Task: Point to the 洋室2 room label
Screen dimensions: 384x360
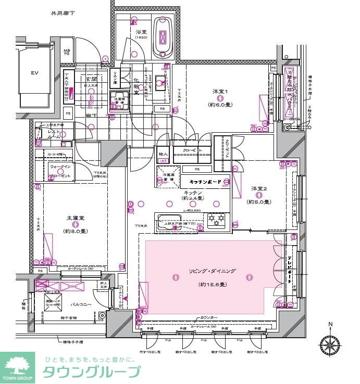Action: (x=258, y=188)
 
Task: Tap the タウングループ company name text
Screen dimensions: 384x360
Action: (x=91, y=372)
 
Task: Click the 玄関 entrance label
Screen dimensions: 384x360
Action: (x=92, y=79)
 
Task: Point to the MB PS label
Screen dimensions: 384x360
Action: (x=66, y=51)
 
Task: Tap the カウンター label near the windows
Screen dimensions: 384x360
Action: (x=208, y=317)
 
